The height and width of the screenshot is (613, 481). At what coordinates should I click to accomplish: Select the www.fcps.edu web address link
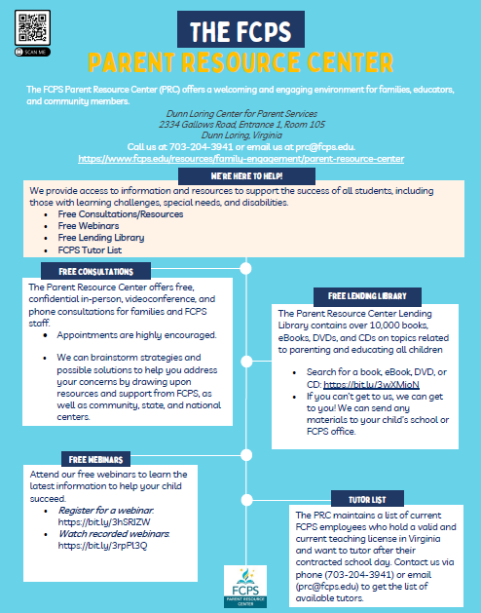[x=240, y=158]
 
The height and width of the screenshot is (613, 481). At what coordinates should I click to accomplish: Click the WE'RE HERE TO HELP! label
[x=244, y=173]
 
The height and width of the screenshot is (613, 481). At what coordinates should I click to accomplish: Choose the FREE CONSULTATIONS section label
[x=95, y=270]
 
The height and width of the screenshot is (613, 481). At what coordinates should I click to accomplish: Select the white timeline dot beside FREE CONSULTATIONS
[x=245, y=267]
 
